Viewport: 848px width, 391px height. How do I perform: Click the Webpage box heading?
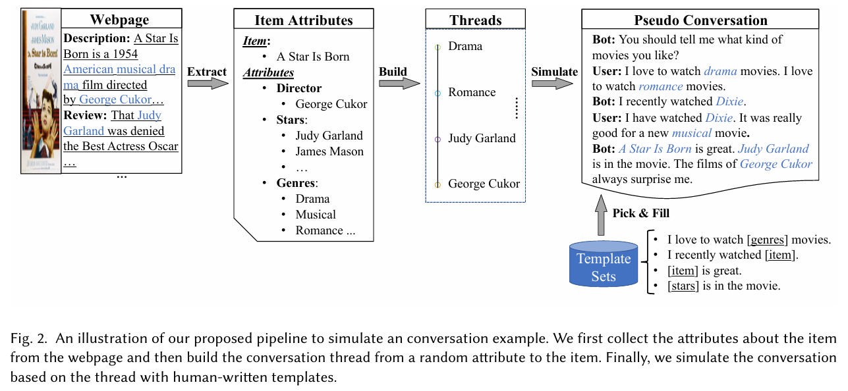[x=119, y=19]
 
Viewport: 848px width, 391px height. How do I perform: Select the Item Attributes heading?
[x=304, y=20]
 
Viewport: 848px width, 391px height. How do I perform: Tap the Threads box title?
[x=475, y=20]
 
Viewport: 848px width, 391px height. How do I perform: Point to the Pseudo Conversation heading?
[x=700, y=20]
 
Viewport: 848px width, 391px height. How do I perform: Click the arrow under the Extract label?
[x=207, y=84]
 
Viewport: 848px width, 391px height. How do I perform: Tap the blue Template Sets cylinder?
[x=604, y=266]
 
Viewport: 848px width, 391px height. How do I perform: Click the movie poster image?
[x=41, y=91]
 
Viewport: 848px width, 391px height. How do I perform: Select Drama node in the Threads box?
[x=465, y=46]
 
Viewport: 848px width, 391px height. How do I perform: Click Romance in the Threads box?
[x=472, y=92]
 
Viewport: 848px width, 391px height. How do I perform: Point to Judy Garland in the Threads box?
[x=482, y=138]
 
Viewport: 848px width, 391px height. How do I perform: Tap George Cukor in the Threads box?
[x=484, y=184]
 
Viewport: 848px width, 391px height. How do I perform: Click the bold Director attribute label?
[x=299, y=88]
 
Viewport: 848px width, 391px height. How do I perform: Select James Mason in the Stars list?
[x=329, y=151]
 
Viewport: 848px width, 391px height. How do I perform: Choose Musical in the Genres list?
[x=316, y=215]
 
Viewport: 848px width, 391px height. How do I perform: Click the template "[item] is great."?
[x=704, y=271]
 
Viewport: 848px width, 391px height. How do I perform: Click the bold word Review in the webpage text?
[x=85, y=115]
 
